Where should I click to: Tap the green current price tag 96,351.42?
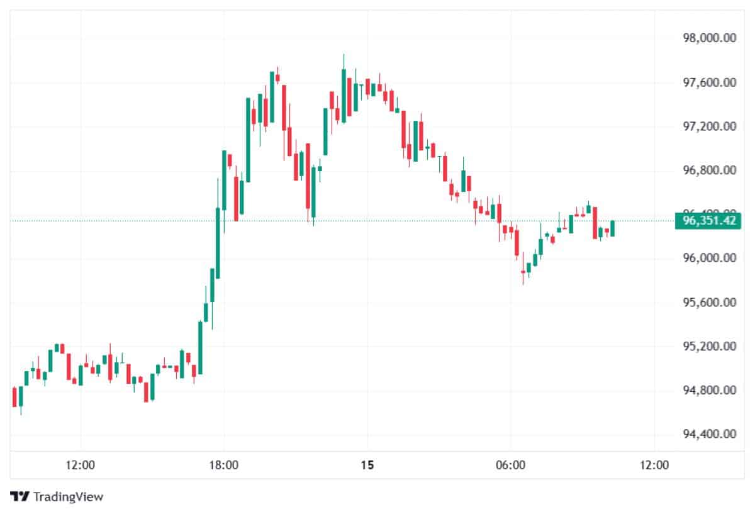[x=705, y=221]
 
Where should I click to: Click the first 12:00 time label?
[x=80, y=466]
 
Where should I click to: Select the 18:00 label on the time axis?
[x=223, y=466]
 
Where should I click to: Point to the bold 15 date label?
[x=367, y=466]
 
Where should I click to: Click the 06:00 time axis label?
[x=510, y=466]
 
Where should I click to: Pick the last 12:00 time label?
[x=654, y=466]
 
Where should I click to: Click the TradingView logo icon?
[x=20, y=496]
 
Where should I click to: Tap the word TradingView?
[x=68, y=497]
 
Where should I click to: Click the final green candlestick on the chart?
[x=612, y=228]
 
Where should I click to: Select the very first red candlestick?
[x=14, y=397]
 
